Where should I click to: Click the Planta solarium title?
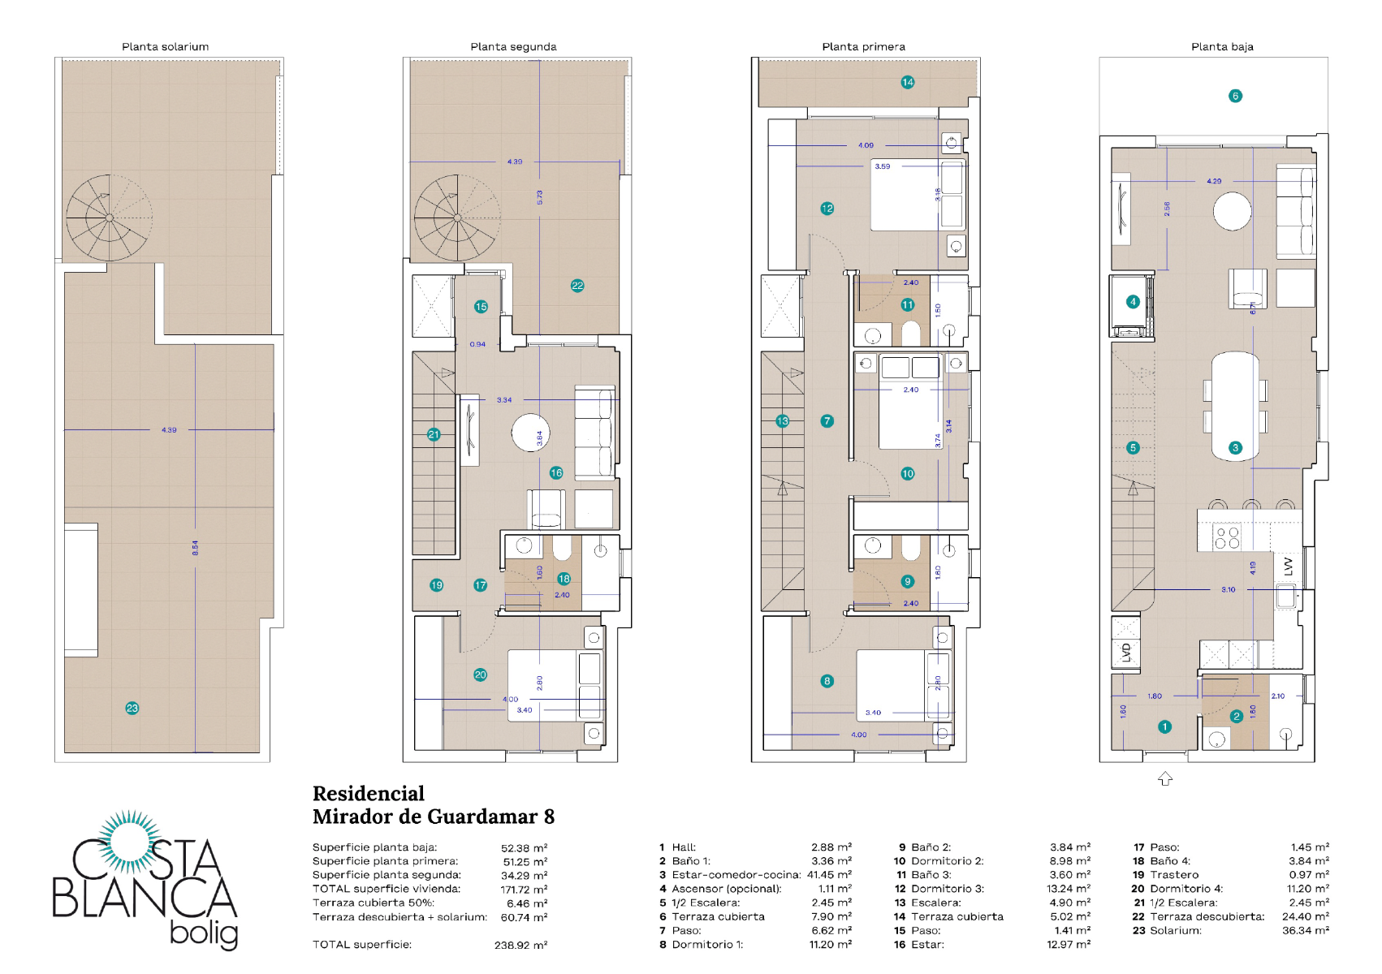[x=165, y=46]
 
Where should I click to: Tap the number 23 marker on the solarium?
[x=132, y=709]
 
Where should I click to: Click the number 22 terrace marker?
[x=577, y=286]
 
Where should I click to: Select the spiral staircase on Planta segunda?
[x=456, y=218]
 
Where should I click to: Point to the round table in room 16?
[x=530, y=433]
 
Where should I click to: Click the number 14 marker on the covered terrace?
[x=908, y=82]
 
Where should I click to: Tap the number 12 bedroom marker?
[x=827, y=209]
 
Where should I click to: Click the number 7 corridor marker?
[x=827, y=421]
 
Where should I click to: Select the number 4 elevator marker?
[x=1133, y=302]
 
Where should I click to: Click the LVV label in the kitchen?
[x=1289, y=566]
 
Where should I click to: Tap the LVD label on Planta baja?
[x=1126, y=652]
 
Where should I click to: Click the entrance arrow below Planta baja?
[x=1165, y=778]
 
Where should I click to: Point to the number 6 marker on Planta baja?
[x=1235, y=96]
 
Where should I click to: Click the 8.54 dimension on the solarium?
[x=195, y=548]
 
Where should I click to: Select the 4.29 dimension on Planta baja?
[x=1214, y=181]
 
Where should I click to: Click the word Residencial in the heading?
[x=369, y=794]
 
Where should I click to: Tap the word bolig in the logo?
[x=204, y=934]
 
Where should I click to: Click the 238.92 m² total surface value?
[x=520, y=945]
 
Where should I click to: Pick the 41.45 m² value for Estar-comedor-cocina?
[x=829, y=875]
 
